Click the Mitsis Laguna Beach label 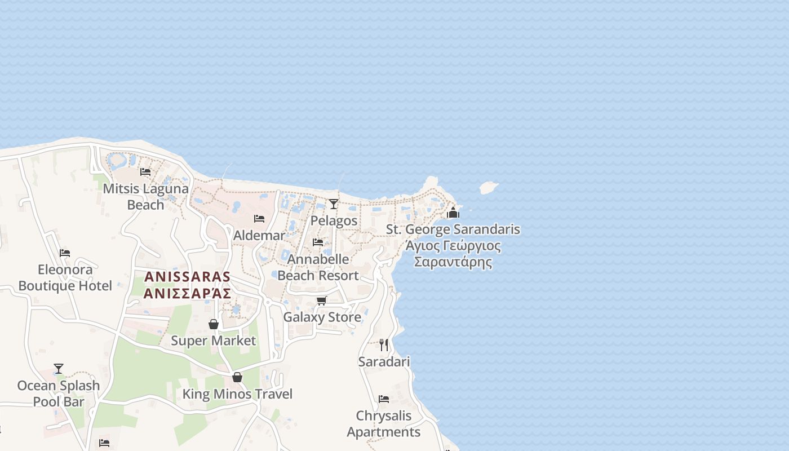[145, 196]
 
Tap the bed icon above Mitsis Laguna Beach [145, 171]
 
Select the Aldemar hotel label [259, 235]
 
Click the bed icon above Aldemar [259, 218]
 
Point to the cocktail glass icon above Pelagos [334, 204]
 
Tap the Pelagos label [334, 220]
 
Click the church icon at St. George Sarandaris [453, 213]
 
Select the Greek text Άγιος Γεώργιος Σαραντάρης [453, 254]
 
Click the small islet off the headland [488, 187]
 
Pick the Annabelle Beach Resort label [318, 267]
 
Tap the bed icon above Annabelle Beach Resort [318, 242]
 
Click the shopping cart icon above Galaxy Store [321, 300]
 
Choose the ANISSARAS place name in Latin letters [188, 277]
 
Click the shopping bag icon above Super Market [214, 324]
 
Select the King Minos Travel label [237, 394]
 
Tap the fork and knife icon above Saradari [384, 344]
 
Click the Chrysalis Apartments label [384, 423]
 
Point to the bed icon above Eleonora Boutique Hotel [65, 253]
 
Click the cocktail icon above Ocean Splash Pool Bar [59, 369]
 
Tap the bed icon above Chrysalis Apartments [384, 399]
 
